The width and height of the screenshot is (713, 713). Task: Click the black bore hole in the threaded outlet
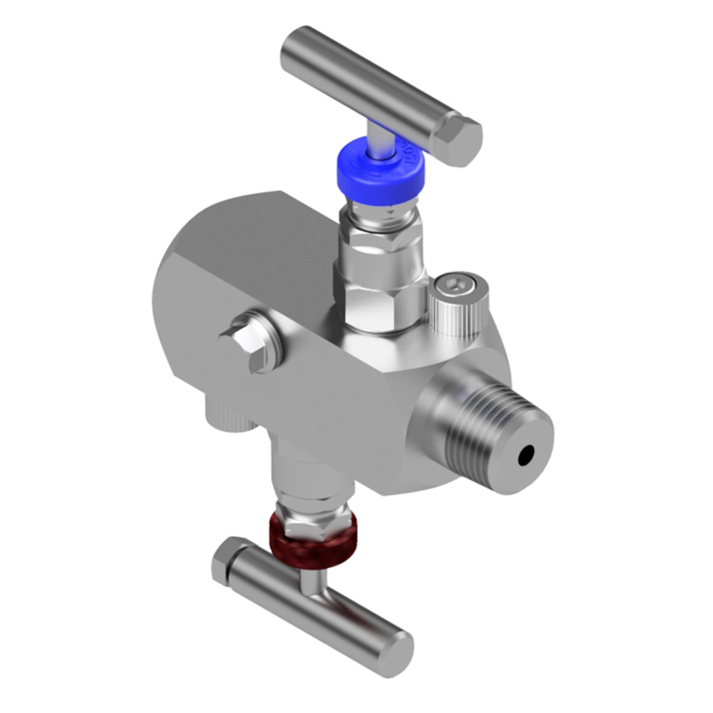(525, 456)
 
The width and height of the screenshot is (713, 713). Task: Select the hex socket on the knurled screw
(457, 284)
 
